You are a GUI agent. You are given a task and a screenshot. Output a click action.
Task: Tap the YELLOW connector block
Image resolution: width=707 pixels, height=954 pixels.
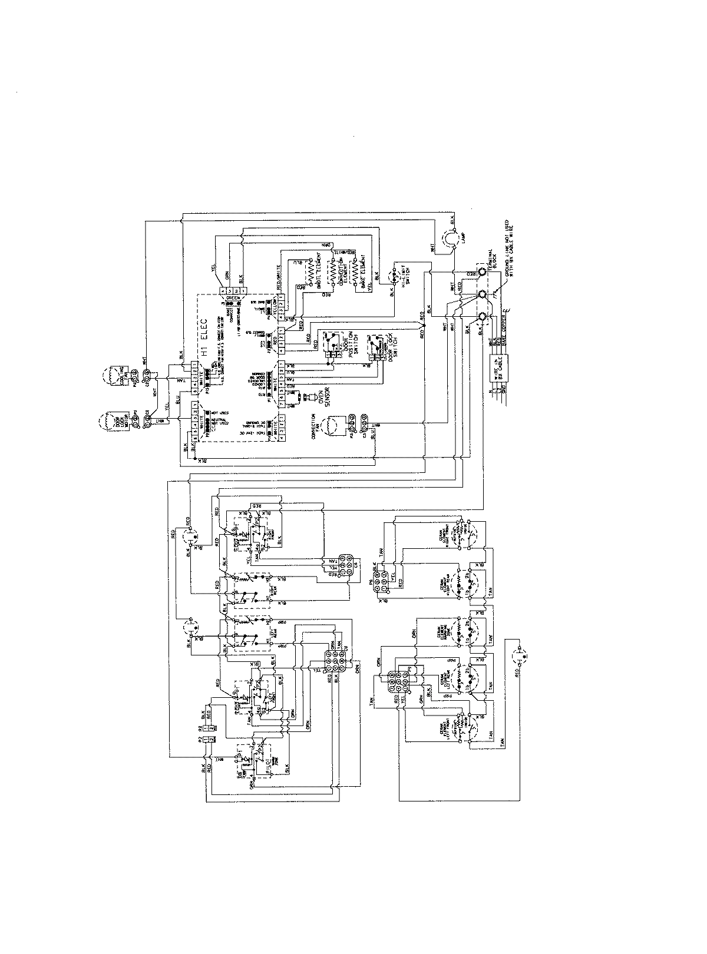(x=275, y=300)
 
